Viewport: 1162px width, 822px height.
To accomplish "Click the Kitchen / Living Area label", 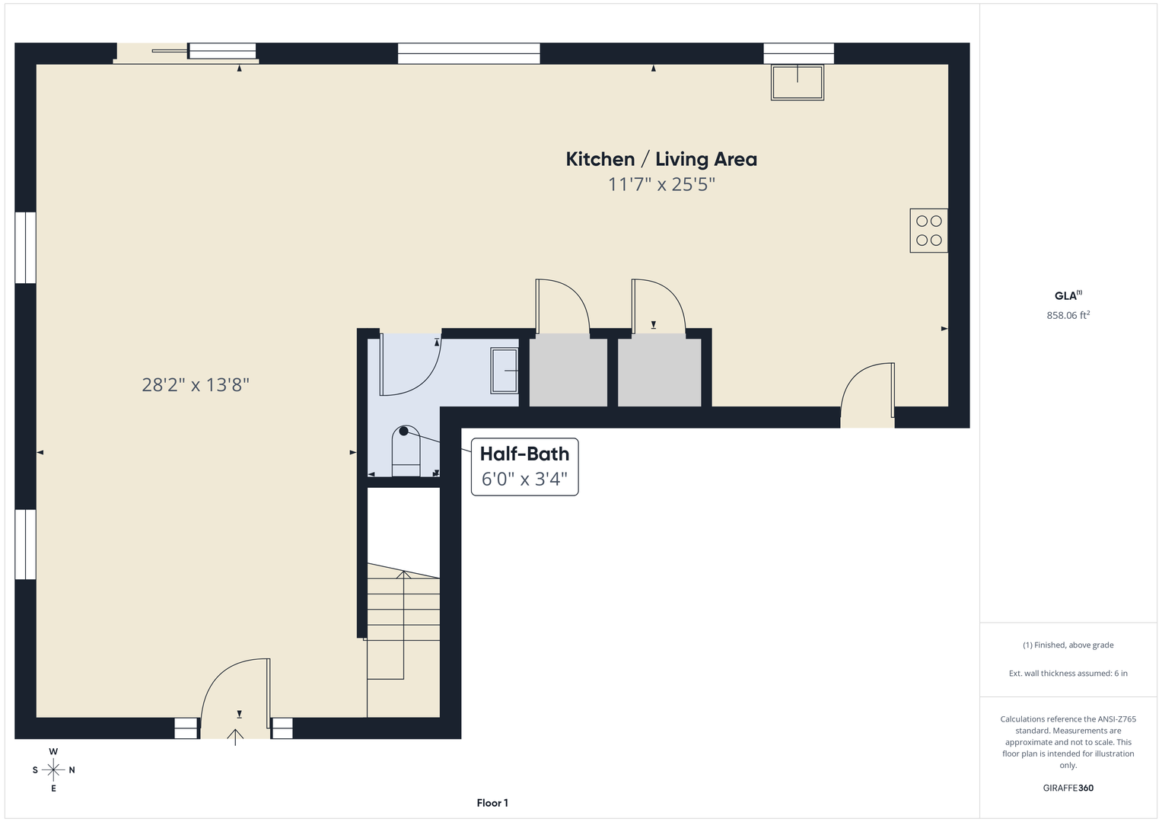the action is point(661,159).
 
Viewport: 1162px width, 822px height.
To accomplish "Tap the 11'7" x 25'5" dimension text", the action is point(661,184).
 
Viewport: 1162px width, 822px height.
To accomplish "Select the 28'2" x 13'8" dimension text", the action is point(196,384).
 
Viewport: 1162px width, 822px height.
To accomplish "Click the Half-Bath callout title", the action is point(524,454).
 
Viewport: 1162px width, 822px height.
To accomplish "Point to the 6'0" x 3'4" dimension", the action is point(524,479).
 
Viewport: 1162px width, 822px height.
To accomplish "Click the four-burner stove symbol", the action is point(928,231).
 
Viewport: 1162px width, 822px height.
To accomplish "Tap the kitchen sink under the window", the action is point(797,82).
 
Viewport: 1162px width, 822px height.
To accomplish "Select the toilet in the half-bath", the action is point(406,451).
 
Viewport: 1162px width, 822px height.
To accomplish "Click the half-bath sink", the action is point(505,371).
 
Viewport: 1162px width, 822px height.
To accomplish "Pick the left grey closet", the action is point(568,370).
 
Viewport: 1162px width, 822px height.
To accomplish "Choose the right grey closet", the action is point(659,370).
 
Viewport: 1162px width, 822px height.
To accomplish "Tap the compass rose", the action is point(53,769).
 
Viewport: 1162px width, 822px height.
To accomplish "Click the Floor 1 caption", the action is point(492,803).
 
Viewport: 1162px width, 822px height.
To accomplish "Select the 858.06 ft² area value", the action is point(1068,315).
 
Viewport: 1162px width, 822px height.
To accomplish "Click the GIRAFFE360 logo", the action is point(1068,788).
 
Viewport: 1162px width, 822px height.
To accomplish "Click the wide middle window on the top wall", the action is point(469,53).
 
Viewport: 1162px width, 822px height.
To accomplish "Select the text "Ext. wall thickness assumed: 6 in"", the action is point(1068,673).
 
